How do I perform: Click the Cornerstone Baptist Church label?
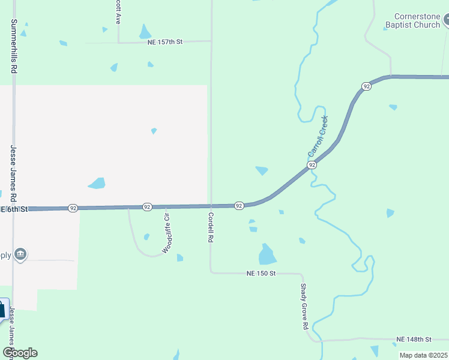click(417, 21)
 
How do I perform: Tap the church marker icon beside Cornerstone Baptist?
click(447, 21)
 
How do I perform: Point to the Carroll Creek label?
click(318, 136)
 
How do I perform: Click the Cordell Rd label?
click(211, 227)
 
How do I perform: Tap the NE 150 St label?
click(261, 273)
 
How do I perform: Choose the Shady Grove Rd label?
click(304, 307)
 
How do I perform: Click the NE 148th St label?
click(414, 340)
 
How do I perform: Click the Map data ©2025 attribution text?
click(423, 355)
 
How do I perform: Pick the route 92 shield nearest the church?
click(366, 86)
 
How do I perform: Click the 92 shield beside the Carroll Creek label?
click(312, 164)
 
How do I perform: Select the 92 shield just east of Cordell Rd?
click(238, 206)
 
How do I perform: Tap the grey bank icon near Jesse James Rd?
click(21, 254)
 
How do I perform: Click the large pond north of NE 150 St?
click(267, 254)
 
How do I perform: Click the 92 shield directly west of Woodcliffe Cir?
click(147, 206)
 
